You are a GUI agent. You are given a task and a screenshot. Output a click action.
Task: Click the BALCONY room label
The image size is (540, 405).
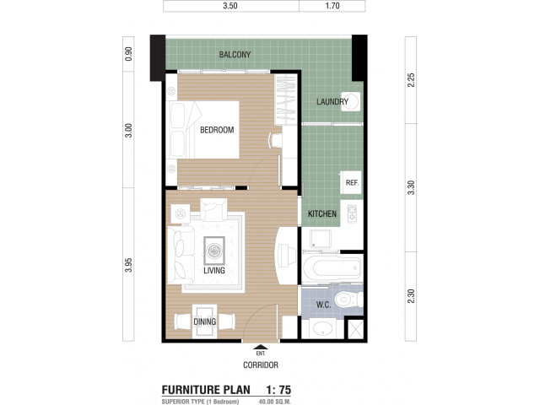(235, 54)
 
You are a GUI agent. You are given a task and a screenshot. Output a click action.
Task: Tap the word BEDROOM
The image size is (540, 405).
(217, 130)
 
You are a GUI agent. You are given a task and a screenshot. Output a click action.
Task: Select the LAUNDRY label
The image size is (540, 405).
(332, 101)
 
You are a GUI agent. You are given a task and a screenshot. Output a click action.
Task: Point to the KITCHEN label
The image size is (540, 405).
(322, 213)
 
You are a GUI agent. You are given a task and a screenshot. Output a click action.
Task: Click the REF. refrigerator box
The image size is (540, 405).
(351, 182)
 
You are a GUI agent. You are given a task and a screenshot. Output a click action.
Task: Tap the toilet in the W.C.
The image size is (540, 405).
(348, 300)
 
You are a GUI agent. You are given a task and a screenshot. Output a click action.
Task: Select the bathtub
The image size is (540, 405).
(332, 267)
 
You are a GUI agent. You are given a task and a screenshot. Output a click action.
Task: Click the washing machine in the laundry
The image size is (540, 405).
(351, 101)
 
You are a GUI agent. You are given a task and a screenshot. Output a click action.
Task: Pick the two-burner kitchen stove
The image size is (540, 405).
(352, 213)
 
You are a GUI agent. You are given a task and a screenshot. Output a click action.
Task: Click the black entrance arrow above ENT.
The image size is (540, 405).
(261, 347)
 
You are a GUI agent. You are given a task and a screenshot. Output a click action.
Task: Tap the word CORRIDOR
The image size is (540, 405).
(261, 365)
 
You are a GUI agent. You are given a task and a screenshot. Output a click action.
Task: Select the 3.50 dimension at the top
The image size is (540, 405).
(230, 6)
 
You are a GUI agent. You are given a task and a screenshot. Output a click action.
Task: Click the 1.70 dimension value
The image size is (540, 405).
(332, 6)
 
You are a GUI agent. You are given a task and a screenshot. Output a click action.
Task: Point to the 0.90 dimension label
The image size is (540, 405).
(128, 54)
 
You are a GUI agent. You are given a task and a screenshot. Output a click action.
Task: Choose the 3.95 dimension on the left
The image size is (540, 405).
(128, 265)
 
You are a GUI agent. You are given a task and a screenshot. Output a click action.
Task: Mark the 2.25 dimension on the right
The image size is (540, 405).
(411, 80)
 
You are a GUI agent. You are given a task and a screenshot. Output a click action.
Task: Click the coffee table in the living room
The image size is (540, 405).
(214, 251)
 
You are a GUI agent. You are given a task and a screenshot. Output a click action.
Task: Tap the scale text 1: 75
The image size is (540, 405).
(278, 390)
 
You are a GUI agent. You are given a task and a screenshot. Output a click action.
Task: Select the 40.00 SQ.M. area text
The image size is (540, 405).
(275, 402)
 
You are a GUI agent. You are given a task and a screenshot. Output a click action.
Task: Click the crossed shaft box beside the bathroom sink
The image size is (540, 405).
(355, 330)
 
